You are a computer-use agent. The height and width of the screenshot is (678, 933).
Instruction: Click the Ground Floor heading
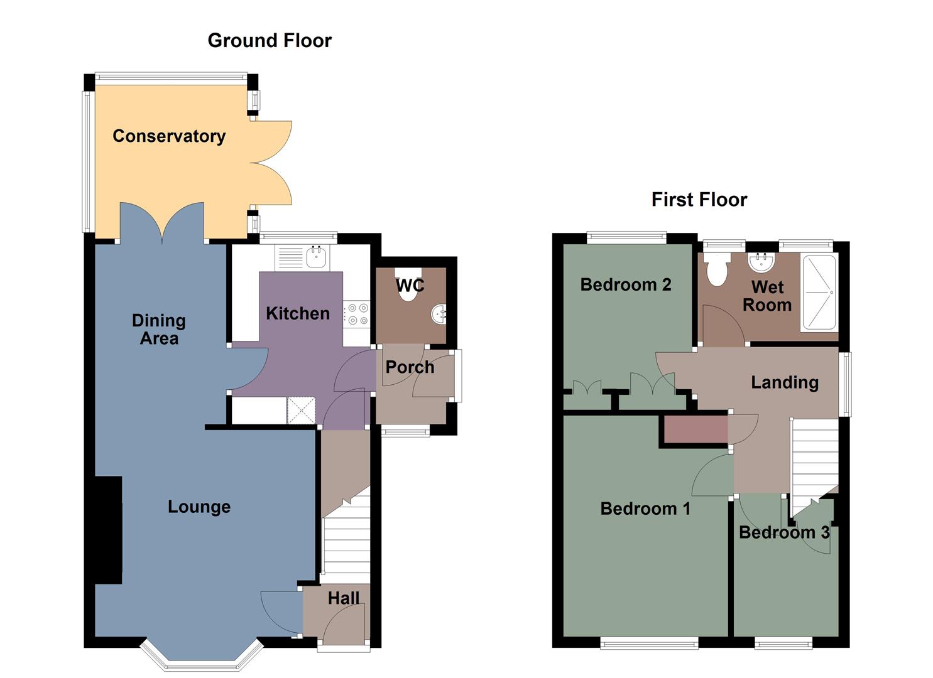point(270,41)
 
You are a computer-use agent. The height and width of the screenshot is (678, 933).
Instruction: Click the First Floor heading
point(699,200)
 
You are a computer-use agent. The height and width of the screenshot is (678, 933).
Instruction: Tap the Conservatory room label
point(169,136)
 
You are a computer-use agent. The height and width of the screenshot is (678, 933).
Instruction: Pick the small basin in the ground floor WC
point(439,314)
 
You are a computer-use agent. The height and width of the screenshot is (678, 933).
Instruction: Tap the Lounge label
point(199,507)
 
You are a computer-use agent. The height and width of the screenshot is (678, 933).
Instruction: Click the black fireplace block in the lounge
point(108,530)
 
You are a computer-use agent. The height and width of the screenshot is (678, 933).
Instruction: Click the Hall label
point(344,598)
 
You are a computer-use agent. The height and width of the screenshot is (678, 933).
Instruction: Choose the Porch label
point(410,367)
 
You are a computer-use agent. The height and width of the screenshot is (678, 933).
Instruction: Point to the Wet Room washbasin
point(761,261)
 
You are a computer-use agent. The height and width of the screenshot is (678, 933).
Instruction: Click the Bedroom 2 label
point(626,285)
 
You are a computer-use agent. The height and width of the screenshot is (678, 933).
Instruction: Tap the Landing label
point(785,382)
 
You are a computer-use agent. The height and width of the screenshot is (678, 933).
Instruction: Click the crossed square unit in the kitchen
point(301,410)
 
